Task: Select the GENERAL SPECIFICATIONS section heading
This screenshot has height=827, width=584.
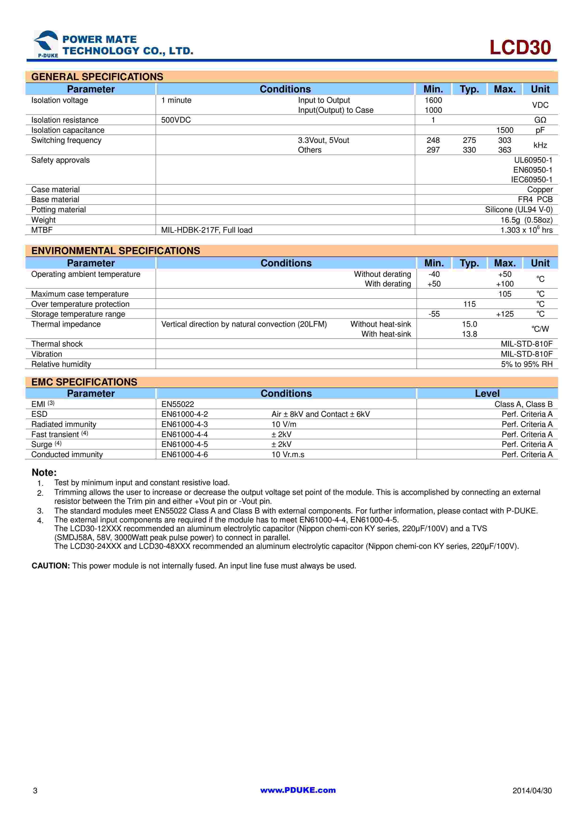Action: pos(97,77)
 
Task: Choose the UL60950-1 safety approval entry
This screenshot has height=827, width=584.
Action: pos(533,160)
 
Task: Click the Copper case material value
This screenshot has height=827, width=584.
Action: pos(540,190)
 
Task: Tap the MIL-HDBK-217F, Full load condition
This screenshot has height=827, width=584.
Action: pos(207,230)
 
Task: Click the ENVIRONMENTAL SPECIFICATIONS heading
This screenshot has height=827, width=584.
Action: pos(115,251)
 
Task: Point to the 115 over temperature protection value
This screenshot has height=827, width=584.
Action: pos(469,304)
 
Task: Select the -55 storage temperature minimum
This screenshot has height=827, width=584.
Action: pos(434,314)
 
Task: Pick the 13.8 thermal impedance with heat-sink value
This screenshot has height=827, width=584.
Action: pos(469,334)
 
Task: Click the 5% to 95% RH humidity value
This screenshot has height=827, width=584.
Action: pos(527,364)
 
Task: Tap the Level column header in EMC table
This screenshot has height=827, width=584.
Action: pos(487,393)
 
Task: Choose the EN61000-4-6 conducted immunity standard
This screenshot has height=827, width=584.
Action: pos(185,455)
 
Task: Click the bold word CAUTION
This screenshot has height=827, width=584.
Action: pos(51,566)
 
